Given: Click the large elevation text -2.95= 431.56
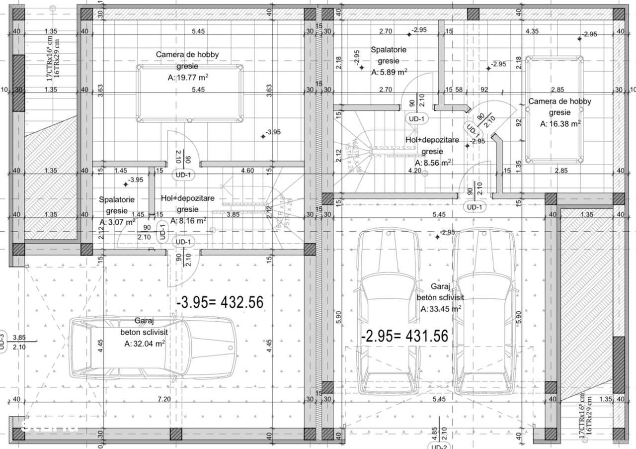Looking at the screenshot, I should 404,336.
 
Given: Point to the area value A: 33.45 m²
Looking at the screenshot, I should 440,309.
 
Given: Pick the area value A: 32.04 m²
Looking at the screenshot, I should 145,343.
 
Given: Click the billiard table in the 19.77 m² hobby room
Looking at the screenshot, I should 189,94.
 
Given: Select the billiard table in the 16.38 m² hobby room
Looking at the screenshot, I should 555,109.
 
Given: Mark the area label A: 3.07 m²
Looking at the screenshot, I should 117,222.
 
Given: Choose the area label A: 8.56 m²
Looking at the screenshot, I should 432,163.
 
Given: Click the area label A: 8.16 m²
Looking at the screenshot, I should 188,220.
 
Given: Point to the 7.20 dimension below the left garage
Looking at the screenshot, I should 164,399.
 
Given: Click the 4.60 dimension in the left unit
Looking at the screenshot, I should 247,171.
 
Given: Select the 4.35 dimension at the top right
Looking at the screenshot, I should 532,31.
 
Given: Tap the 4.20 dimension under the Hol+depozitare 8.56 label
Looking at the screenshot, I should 415,171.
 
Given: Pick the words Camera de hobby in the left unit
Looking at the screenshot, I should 187,55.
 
